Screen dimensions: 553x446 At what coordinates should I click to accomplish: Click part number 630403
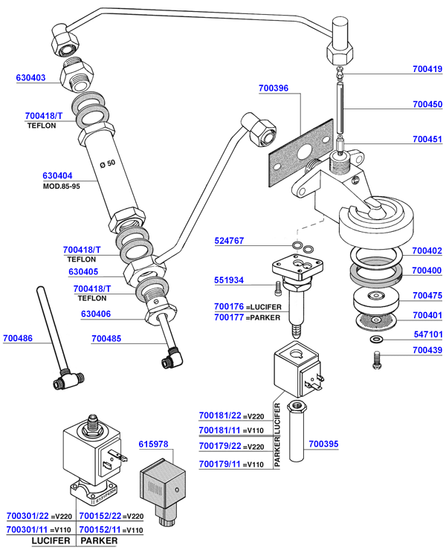click(31, 78)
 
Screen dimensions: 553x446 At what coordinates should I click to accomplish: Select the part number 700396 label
click(274, 88)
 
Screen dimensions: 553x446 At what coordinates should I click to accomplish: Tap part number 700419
click(427, 70)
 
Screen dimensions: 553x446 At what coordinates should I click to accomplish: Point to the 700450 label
click(427, 105)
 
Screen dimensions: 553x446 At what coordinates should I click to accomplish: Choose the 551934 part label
click(230, 282)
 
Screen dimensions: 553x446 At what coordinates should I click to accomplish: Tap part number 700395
click(323, 444)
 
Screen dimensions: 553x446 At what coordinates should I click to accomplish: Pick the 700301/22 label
click(28, 516)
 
